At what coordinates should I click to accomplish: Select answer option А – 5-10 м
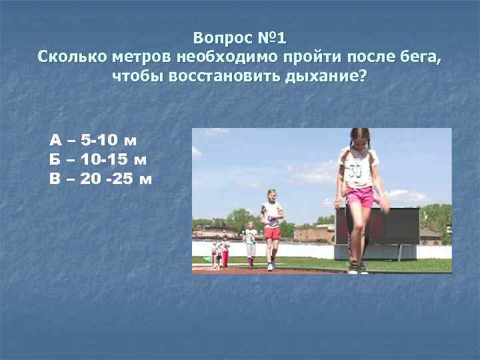pyautogui.click(x=93, y=141)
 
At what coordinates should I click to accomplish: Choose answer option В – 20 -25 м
pyautogui.click(x=101, y=179)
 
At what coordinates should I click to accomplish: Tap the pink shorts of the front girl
pyautogui.click(x=360, y=197)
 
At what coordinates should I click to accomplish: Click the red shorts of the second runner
pyautogui.click(x=272, y=233)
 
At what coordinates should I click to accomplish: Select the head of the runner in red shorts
pyautogui.click(x=272, y=196)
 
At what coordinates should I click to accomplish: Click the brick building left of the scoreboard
pyautogui.click(x=313, y=233)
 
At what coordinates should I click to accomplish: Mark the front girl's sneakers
pyautogui.click(x=357, y=269)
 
